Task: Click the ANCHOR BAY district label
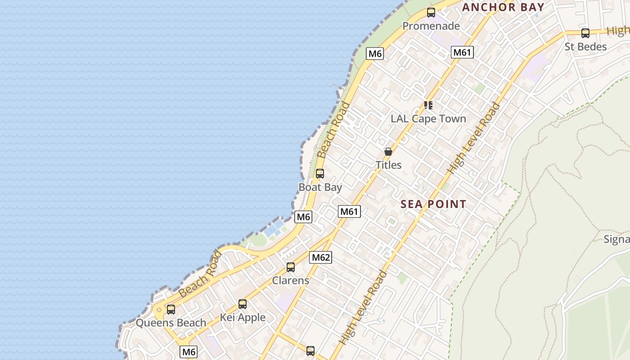click(503, 7)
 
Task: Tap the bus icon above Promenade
click(431, 13)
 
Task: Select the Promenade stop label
click(431, 26)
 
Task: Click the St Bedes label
click(585, 47)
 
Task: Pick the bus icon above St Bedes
click(585, 33)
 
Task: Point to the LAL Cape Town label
click(428, 119)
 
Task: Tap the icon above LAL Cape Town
click(428, 105)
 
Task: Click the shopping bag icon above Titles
click(388, 152)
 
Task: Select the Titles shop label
click(388, 165)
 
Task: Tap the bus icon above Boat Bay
click(320, 173)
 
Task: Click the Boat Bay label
click(320, 187)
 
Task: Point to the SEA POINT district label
click(433, 204)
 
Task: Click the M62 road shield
click(321, 257)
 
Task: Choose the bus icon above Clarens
click(291, 267)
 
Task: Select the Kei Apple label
click(243, 318)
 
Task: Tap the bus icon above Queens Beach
click(171, 309)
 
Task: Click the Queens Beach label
click(171, 323)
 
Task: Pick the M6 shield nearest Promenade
click(375, 54)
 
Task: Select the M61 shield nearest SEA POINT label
click(350, 211)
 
